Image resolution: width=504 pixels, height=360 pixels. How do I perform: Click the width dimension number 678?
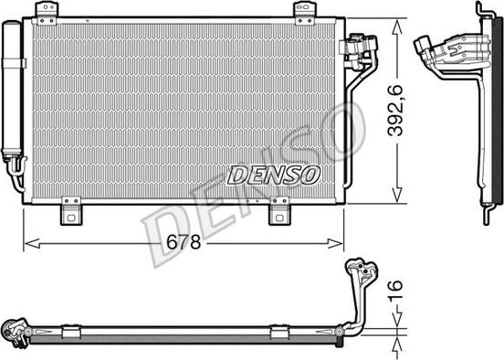(x=185, y=243)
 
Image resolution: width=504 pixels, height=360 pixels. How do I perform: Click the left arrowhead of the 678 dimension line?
(x=28, y=243)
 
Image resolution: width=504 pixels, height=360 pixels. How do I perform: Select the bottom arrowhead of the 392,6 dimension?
(x=396, y=196)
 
